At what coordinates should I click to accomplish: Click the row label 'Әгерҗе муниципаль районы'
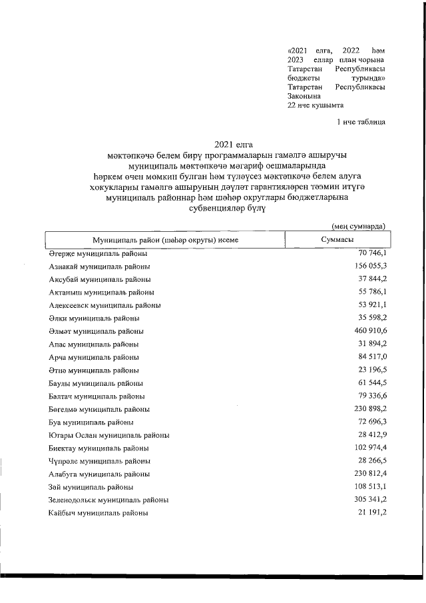(x=98, y=255)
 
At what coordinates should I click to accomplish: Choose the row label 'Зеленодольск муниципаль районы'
(x=108, y=499)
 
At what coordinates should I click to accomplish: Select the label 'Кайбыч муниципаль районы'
(x=98, y=514)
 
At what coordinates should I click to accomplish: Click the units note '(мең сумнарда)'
(x=358, y=227)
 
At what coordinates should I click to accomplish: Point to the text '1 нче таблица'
(x=361, y=121)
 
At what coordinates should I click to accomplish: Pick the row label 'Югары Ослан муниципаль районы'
(x=109, y=435)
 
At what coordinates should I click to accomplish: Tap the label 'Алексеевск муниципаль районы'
(x=105, y=305)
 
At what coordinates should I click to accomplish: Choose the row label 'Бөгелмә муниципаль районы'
(x=99, y=409)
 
